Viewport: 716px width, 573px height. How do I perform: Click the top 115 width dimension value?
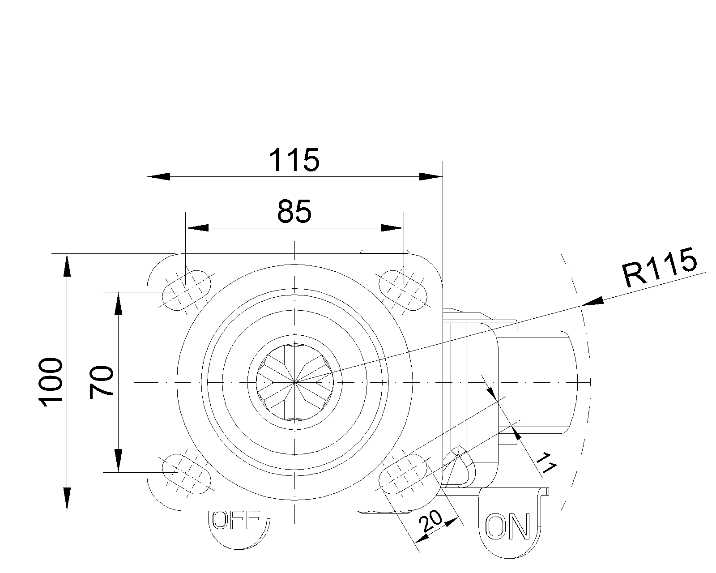(x=294, y=160)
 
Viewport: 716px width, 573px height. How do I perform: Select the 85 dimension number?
(x=294, y=211)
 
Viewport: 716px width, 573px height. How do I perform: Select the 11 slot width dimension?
(x=546, y=462)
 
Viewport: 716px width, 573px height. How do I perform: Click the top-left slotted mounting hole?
(x=186, y=291)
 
